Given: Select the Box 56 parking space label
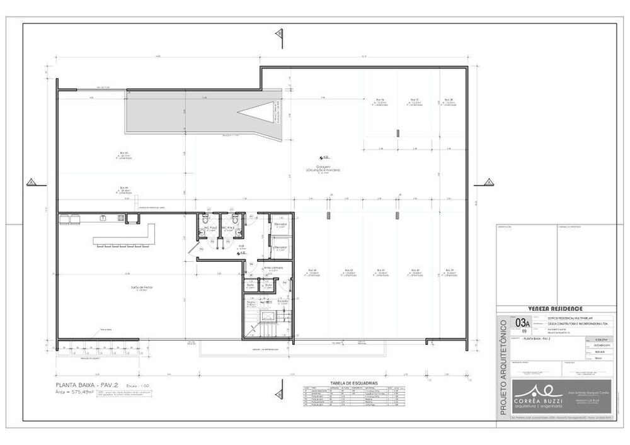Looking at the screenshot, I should click(x=380, y=100).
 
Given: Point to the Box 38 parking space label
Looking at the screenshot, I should click(x=449, y=100).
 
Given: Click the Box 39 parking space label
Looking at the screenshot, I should click(x=449, y=270).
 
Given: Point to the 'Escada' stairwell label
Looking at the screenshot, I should click(x=282, y=300).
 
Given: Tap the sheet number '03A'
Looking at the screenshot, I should click(x=522, y=324).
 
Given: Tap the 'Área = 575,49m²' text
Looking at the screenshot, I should click(x=74, y=391).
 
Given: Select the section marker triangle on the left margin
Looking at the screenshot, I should click(x=30, y=183).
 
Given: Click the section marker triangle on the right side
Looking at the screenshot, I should click(x=488, y=183).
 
